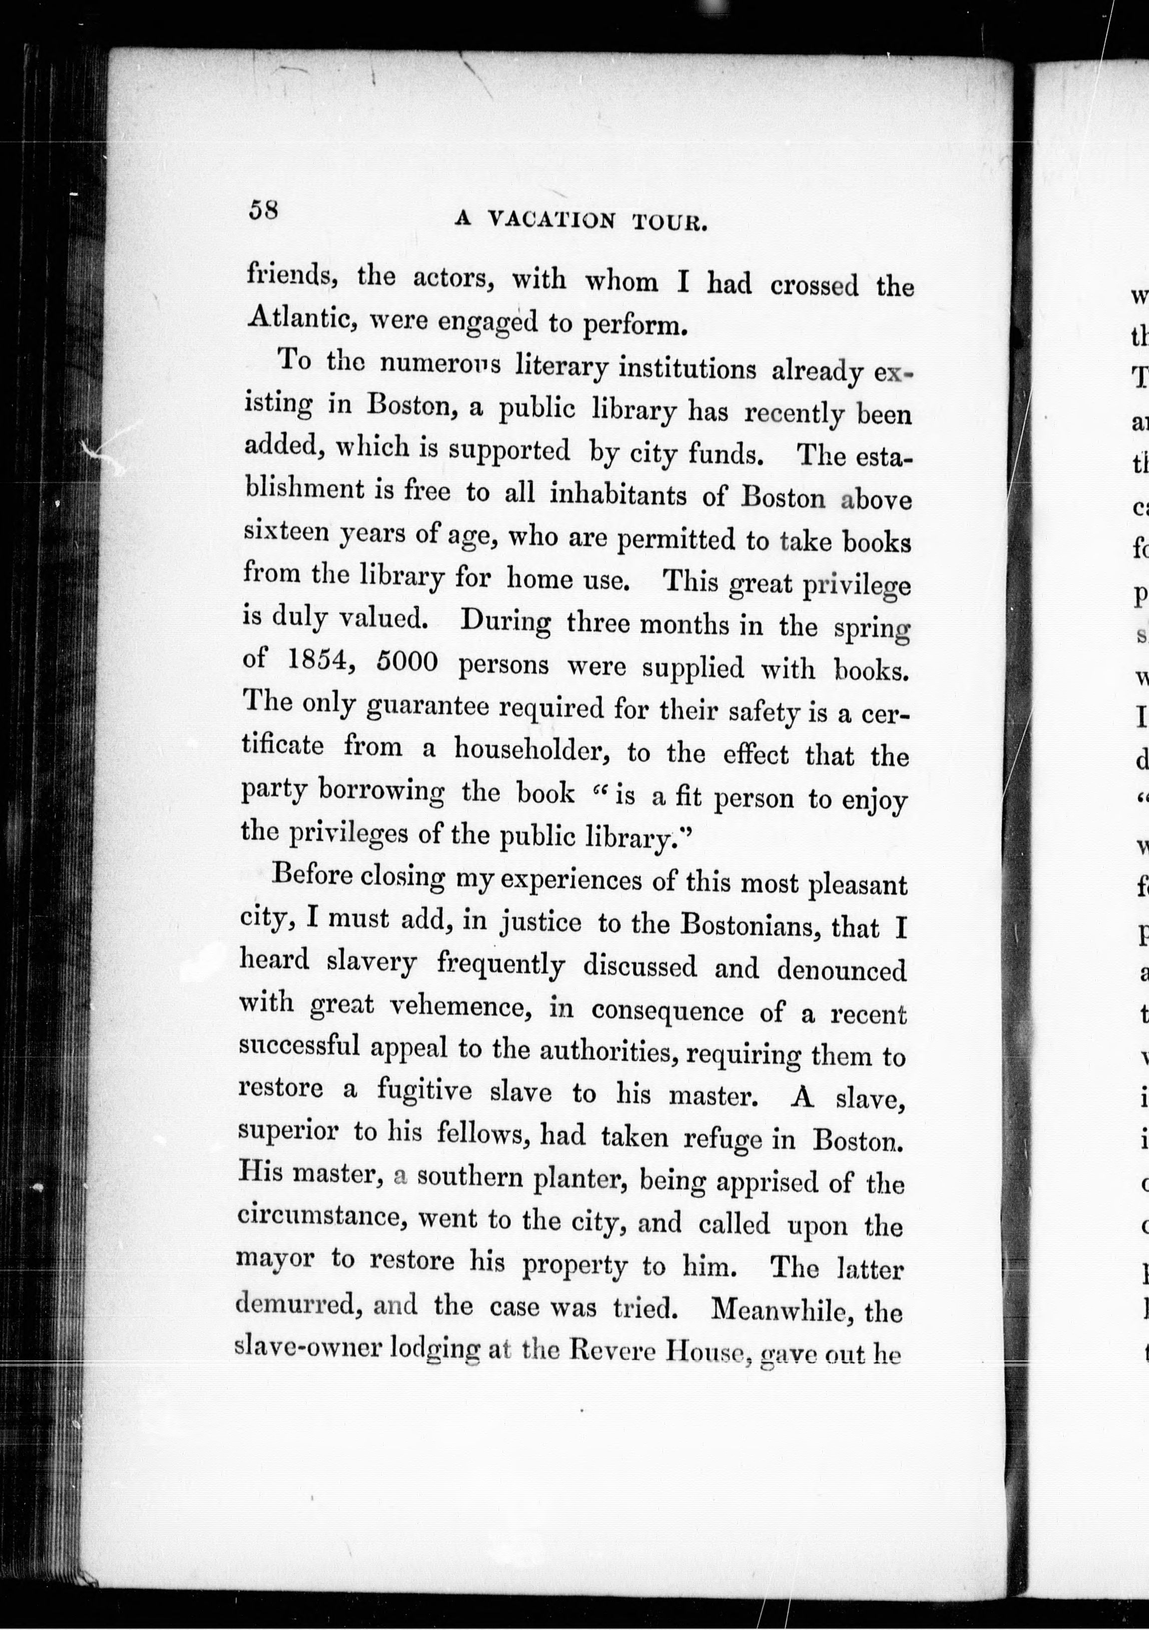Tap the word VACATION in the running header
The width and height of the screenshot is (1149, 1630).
click(552, 221)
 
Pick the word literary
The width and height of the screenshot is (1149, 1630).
click(562, 367)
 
